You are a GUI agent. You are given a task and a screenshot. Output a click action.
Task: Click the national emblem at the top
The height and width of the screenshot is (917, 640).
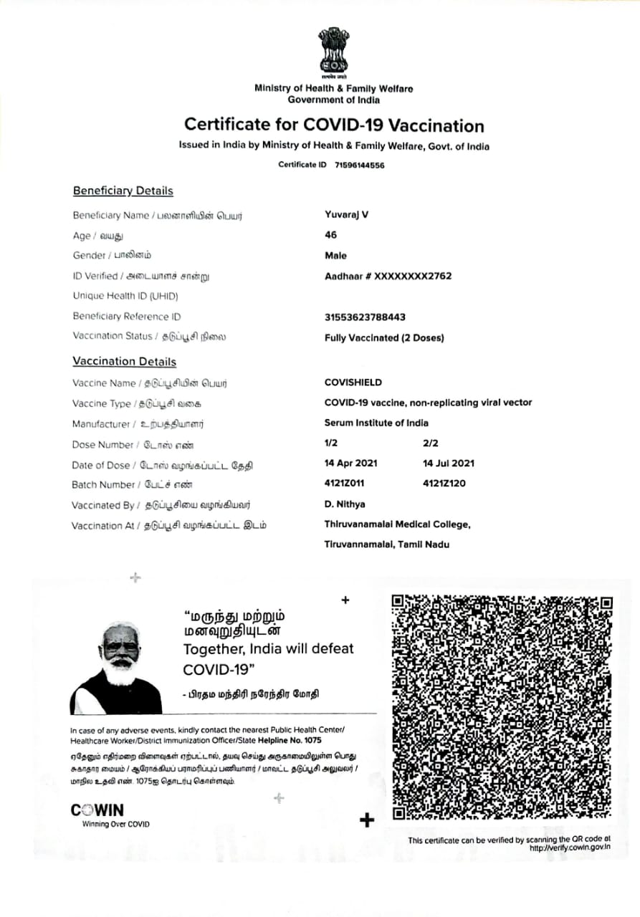point(334,53)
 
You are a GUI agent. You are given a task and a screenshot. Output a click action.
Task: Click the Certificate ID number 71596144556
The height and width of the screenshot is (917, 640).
point(359,165)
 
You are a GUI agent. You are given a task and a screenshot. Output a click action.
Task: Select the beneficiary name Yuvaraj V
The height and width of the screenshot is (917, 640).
point(347,215)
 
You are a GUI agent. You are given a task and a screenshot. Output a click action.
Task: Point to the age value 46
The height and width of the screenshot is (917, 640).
point(330,235)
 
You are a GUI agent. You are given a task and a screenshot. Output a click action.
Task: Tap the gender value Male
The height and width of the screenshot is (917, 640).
point(335,255)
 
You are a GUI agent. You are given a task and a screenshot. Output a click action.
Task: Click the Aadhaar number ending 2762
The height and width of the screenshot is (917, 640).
point(388,276)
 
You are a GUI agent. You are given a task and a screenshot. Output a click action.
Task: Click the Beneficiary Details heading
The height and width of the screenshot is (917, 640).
point(123,191)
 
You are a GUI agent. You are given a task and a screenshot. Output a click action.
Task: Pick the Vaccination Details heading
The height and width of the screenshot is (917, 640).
point(125,362)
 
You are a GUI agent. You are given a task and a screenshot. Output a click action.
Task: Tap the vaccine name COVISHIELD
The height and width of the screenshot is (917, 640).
point(353,383)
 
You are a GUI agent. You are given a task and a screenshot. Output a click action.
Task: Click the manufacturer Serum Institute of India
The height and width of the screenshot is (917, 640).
point(376,423)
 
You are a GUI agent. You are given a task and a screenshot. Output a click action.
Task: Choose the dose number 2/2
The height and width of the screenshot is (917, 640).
point(432,444)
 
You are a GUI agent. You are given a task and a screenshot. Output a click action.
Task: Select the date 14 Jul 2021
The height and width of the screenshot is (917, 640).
point(449,464)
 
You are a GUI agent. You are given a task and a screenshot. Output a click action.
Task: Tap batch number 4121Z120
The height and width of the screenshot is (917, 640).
point(444,484)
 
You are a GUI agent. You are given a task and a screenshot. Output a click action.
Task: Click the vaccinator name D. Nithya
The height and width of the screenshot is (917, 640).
point(345,504)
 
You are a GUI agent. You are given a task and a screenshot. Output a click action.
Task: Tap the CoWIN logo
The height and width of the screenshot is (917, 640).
point(97,810)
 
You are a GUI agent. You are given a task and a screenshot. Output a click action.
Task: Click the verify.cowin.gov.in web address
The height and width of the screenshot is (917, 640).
point(570,848)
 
